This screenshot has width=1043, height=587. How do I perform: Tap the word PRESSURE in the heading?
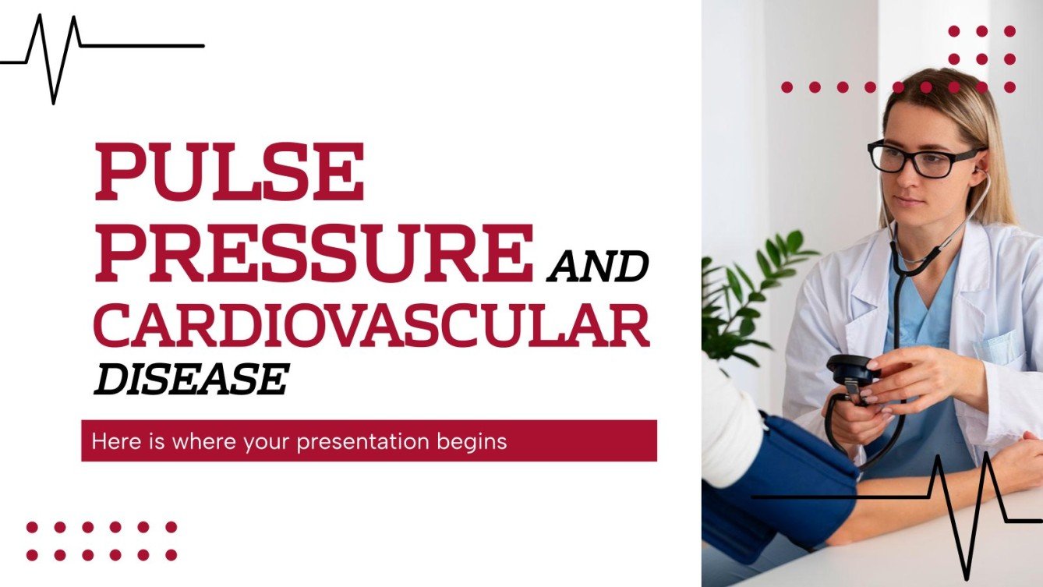tap(313, 253)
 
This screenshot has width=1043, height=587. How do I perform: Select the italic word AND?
tap(598, 267)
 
